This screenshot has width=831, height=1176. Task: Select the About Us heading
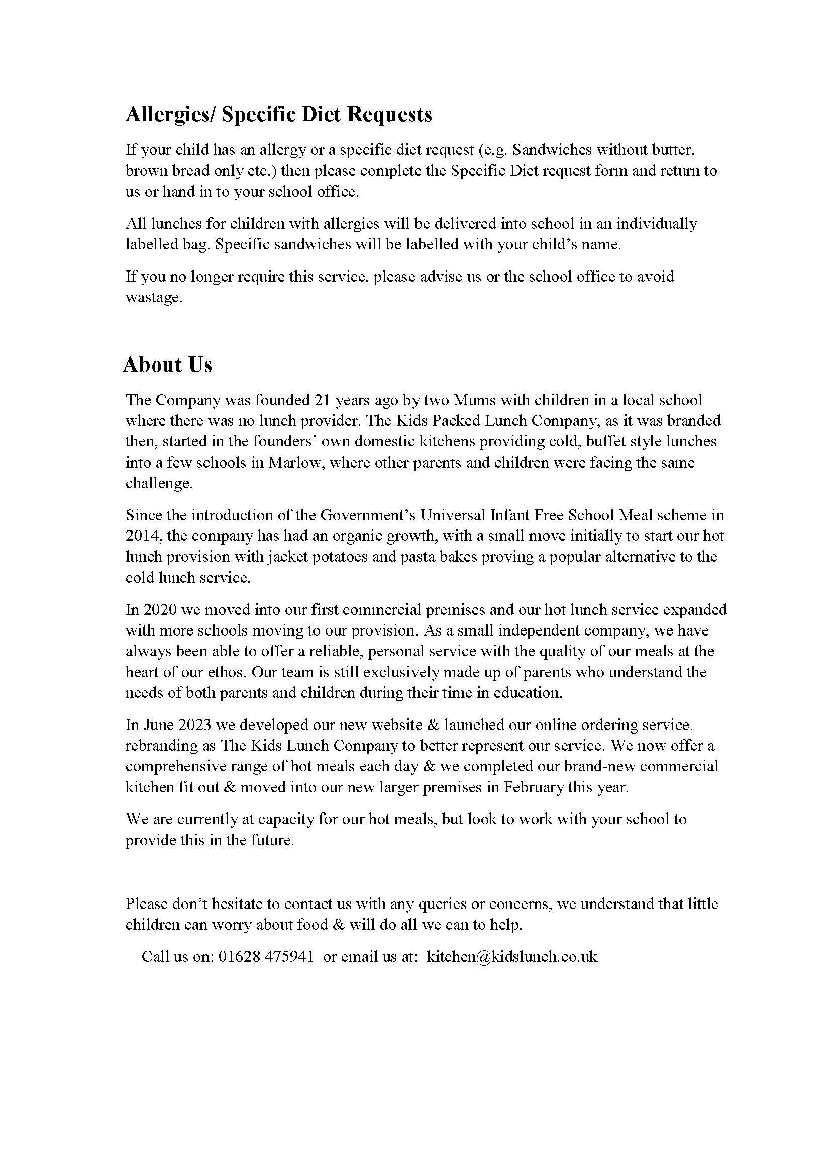click(x=167, y=365)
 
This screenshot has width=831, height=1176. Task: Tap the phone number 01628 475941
click(x=266, y=956)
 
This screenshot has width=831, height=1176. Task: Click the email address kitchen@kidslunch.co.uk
click(x=511, y=956)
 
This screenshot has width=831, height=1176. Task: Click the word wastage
click(x=154, y=298)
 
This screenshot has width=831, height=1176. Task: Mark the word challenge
click(x=159, y=484)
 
